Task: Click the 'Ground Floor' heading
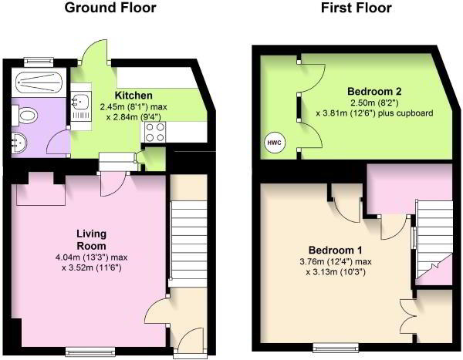[110, 9]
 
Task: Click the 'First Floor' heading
[357, 9]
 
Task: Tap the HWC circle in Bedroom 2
[273, 143]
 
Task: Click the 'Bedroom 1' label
[336, 251]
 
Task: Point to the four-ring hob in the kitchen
[151, 133]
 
